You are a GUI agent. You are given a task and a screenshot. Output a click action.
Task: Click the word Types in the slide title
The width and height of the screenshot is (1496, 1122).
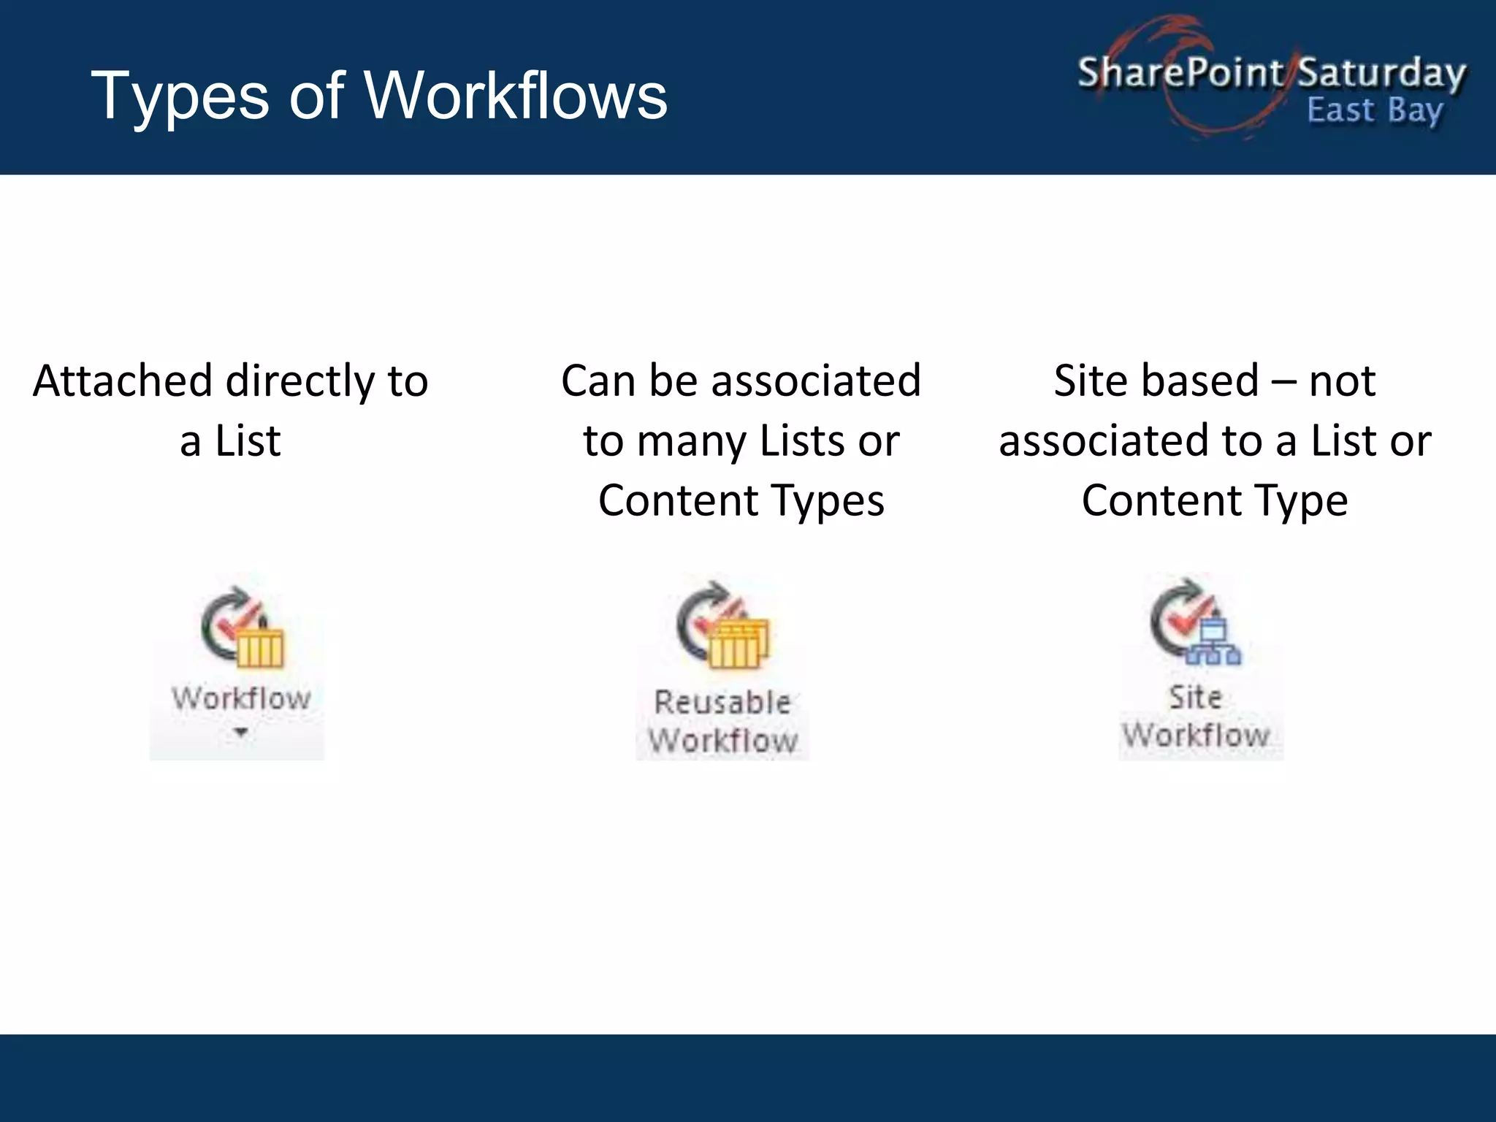pos(180,96)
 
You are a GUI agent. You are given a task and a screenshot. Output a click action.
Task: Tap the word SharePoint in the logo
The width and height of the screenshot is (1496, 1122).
pos(1179,73)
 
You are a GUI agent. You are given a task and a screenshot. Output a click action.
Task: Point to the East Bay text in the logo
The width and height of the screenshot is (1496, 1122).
pos(1374,111)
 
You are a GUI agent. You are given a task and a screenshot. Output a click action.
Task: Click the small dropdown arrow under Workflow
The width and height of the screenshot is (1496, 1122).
pos(241,733)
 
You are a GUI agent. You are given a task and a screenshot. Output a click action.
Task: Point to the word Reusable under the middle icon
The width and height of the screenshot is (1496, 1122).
pos(722,703)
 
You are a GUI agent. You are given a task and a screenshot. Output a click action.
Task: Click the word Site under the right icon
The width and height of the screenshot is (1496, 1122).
pos(1195,698)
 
